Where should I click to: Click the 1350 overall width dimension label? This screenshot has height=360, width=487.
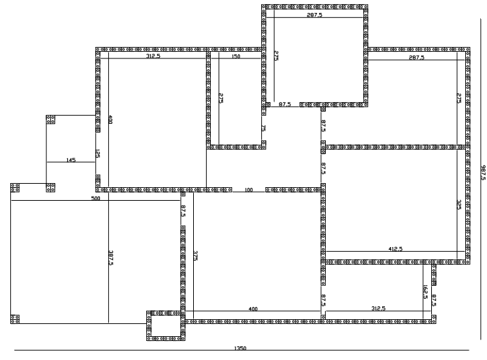[x=240, y=348]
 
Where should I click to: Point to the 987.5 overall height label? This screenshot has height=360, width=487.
[x=484, y=173]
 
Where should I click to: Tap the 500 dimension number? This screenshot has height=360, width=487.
[x=96, y=198]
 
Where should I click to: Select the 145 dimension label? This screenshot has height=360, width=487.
[x=71, y=160]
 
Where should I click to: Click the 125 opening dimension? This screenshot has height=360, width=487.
[x=97, y=154]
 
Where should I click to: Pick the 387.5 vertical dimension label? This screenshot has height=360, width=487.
[x=111, y=258]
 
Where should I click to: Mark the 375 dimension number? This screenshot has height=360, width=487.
[x=196, y=256]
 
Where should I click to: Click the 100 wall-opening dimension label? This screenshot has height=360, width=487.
[x=249, y=190]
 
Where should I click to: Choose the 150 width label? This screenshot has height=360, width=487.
[x=236, y=56]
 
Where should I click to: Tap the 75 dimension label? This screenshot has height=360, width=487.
[x=263, y=128]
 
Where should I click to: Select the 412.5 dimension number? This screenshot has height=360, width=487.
[x=395, y=248]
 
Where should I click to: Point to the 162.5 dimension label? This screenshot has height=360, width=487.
[x=425, y=292]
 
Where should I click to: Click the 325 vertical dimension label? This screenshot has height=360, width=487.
[x=459, y=205]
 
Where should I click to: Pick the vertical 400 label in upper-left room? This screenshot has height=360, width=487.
[x=110, y=120]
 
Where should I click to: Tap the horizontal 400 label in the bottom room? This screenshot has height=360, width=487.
[x=253, y=309]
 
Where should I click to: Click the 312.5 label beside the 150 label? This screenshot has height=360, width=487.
[x=153, y=56]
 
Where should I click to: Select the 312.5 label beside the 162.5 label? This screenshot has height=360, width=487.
[x=378, y=308]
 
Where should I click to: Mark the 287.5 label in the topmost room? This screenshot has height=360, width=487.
[x=315, y=14]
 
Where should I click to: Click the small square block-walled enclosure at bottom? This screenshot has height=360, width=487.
[x=166, y=325]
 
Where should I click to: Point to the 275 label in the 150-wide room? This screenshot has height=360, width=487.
[x=221, y=98]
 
